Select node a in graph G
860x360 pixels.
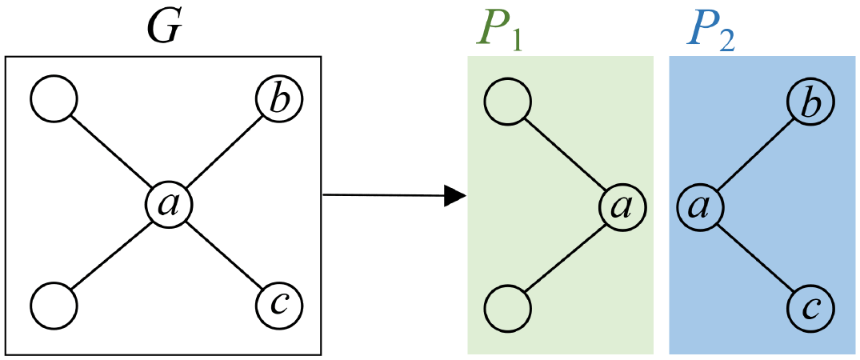[167, 205]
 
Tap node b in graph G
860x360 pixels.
[279, 101]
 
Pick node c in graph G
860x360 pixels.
[279, 305]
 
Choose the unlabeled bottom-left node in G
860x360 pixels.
[54, 305]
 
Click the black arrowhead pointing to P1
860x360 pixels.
[454, 194]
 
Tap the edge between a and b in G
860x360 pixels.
[223, 153]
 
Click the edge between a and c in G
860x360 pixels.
[223, 255]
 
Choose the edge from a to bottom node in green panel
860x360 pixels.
[565, 257]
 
